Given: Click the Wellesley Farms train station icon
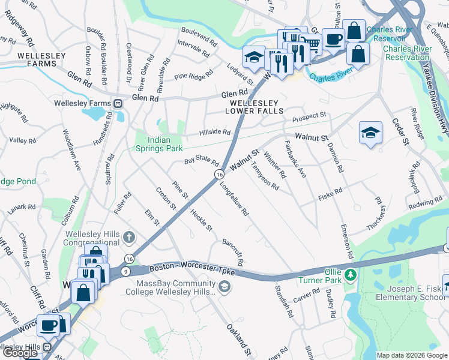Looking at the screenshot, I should point(118,103).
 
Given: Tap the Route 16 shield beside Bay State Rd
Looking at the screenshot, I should point(220,174).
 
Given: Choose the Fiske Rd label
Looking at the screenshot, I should point(330,193).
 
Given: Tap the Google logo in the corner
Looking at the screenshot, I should point(20,353).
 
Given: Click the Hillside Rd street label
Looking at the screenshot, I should point(215,132).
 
